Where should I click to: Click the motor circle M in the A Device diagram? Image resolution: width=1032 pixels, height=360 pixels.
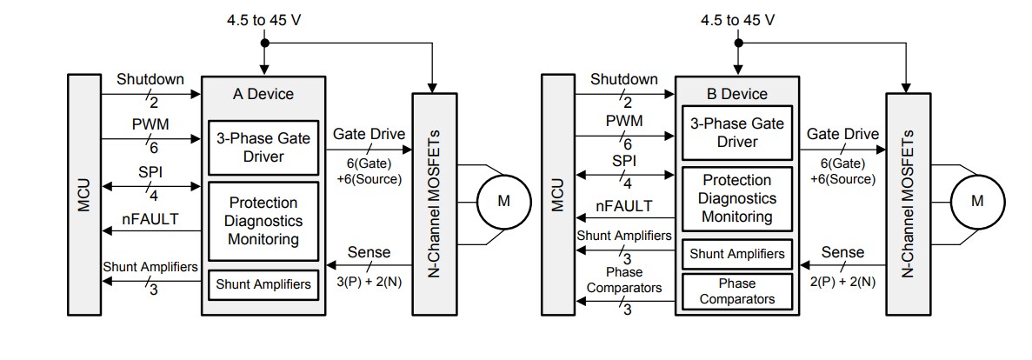(x=503, y=201)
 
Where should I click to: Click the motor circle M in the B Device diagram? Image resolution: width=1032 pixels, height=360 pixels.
(x=976, y=201)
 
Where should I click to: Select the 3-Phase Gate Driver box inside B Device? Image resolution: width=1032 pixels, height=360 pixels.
(x=736, y=132)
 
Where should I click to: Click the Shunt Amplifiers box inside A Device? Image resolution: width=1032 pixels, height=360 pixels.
(x=263, y=283)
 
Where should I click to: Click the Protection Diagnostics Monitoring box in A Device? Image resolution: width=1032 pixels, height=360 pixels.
(x=263, y=221)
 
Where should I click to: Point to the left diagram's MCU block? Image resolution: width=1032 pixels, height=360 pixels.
(x=83, y=195)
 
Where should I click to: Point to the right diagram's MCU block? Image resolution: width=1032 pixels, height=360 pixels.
(x=556, y=195)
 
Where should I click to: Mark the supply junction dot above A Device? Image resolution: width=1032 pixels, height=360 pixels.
(x=264, y=42)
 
